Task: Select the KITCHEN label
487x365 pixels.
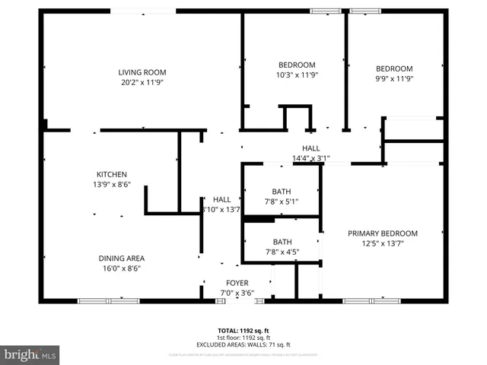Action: (x=111, y=174)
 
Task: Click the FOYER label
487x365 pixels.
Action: (x=237, y=282)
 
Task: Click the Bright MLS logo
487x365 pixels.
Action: (x=30, y=354)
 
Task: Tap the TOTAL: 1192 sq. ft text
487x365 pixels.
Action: (x=243, y=330)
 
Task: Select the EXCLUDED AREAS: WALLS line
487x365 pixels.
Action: (x=243, y=344)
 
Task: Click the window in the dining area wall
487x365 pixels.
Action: (x=109, y=301)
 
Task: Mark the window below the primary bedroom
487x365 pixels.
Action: (x=371, y=301)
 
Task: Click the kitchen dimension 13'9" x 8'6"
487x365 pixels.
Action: (x=111, y=184)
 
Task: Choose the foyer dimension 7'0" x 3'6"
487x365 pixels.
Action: (x=237, y=292)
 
